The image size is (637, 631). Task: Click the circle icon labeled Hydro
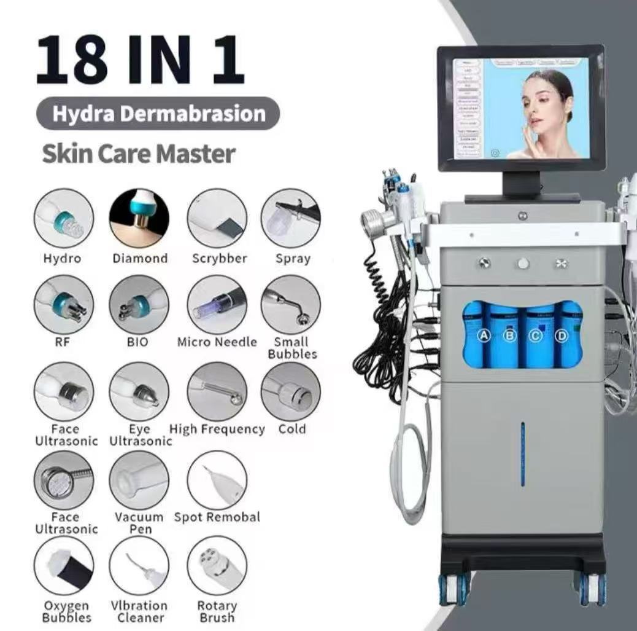pos(64,219)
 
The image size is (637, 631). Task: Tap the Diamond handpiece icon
pos(139,219)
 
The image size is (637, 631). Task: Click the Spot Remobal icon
pos(217,480)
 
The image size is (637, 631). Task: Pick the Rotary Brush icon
pos(217,566)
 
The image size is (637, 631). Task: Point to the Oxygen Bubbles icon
pos(64,566)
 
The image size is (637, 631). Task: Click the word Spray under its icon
pos(292,259)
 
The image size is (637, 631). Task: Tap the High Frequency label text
pos(217,429)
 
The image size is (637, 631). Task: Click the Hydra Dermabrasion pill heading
pos(158,114)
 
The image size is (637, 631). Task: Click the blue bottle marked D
pos(562,336)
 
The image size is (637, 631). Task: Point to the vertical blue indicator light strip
pos(523,453)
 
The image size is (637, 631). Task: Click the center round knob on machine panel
pos(523,263)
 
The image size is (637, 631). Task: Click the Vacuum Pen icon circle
pos(139,480)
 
